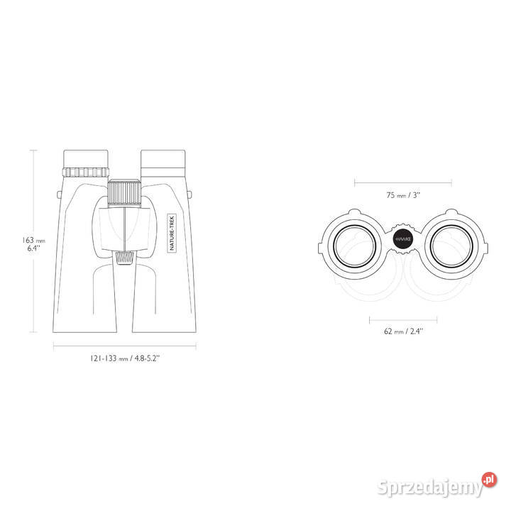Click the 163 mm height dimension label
click(33, 243)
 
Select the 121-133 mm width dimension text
click(125, 358)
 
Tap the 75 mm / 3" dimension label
click(403, 195)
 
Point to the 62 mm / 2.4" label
click(403, 331)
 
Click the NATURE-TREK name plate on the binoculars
click(172, 233)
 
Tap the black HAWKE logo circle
click(403, 239)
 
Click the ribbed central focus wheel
click(124, 193)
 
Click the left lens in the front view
click(355, 246)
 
